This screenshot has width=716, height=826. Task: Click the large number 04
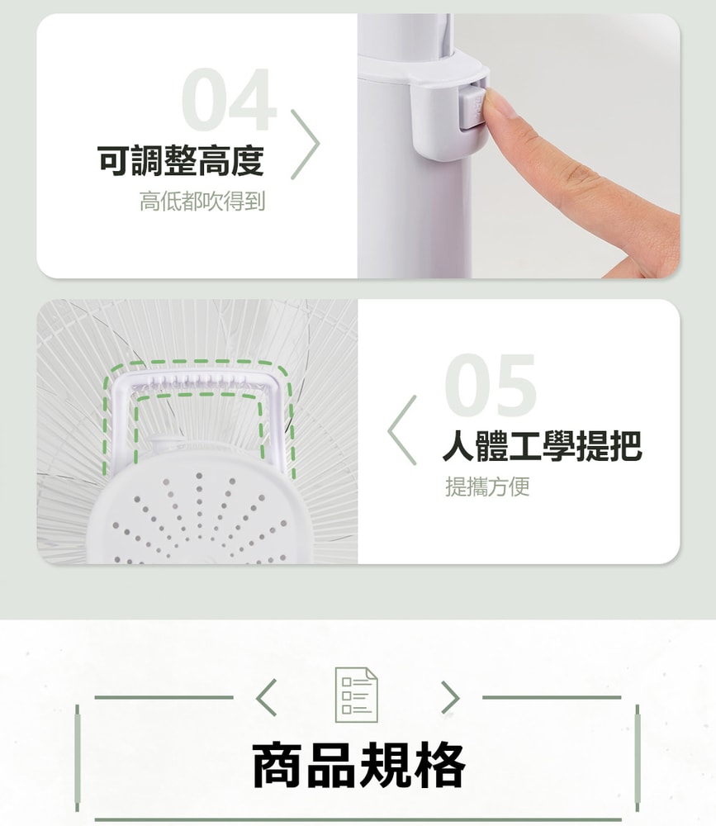[x=230, y=100]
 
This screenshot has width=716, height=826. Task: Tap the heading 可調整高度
[x=181, y=160]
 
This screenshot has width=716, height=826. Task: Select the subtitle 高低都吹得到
[x=202, y=202]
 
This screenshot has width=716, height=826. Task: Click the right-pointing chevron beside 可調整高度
[x=306, y=145]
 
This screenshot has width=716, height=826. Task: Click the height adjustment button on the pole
[x=472, y=107]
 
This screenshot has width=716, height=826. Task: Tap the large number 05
[x=491, y=385]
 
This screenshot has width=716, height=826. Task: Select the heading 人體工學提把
[x=542, y=446]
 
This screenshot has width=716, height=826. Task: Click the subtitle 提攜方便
[x=487, y=487]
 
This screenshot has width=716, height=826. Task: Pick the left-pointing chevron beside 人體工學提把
[x=402, y=430]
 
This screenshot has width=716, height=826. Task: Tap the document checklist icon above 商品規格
[x=357, y=695]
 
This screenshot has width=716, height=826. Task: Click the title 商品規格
[x=358, y=765]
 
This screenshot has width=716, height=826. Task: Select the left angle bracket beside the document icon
[x=266, y=697]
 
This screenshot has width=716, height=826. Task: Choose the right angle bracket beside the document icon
[x=450, y=697]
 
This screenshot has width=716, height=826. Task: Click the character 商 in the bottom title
[x=277, y=766]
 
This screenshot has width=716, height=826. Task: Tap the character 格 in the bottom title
[x=440, y=766]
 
